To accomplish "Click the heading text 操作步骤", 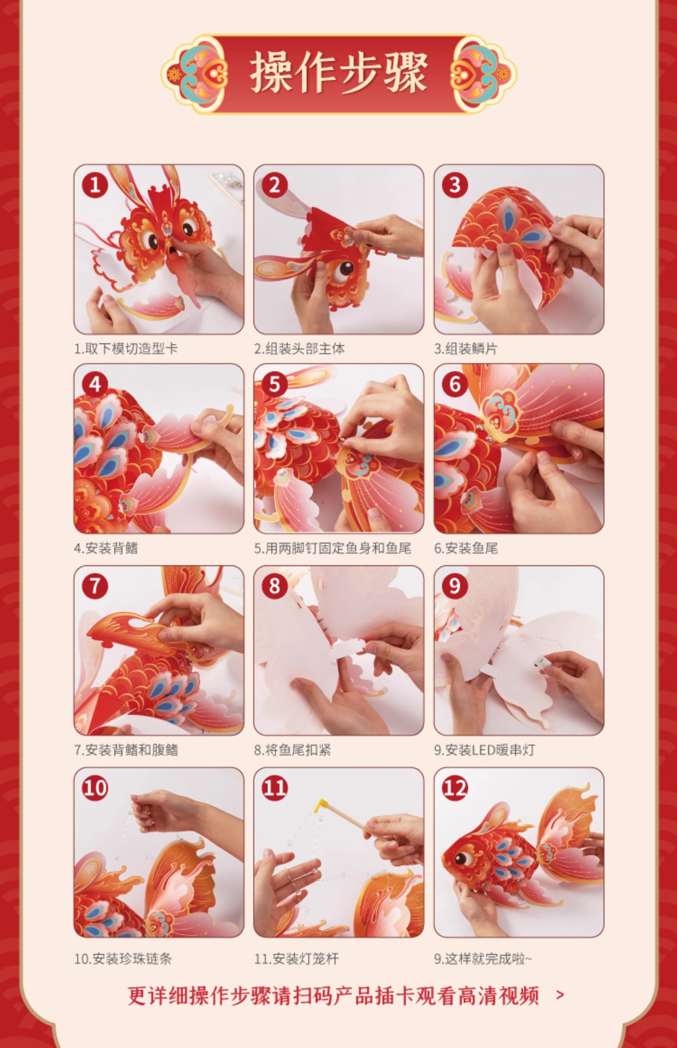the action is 339,74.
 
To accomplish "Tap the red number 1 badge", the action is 95,184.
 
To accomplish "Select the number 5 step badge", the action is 275,384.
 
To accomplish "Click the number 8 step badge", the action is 275,586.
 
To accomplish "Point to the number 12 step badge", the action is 455,788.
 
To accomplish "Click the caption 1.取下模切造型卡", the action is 126,349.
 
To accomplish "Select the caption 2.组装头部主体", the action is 299,349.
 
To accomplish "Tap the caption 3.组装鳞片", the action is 466,349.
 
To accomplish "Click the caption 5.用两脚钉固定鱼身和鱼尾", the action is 332,549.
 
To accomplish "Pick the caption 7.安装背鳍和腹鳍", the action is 126,750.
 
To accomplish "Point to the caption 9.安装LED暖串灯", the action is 484,750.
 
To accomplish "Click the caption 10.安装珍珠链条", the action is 123,959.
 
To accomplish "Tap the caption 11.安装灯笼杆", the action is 296,959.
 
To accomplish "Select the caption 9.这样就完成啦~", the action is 483,959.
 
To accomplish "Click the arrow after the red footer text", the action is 560,995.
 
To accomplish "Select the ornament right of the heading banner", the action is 483,74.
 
